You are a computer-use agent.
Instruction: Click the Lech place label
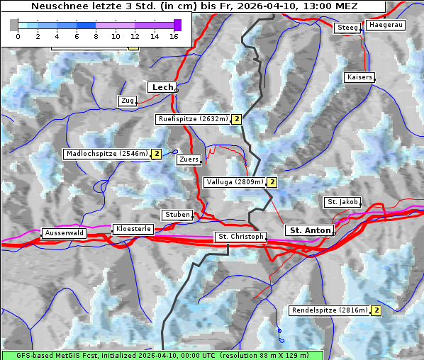(162, 87)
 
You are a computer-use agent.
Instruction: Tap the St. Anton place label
(310, 230)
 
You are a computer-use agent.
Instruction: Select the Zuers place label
(189, 159)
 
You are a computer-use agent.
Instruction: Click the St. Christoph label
(240, 237)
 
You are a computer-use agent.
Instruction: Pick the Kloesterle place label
(133, 229)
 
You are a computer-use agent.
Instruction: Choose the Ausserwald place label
(64, 233)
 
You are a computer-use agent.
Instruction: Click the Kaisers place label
(359, 77)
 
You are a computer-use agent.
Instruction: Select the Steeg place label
(347, 28)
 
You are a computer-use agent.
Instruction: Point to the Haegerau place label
(386, 25)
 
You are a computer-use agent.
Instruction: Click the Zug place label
(128, 101)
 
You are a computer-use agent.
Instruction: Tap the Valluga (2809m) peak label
(235, 182)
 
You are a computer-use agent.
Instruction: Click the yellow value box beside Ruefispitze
(237, 119)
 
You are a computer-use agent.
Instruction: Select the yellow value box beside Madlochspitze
(156, 153)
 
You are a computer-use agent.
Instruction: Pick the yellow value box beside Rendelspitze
(376, 310)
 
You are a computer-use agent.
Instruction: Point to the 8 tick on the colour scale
(96, 36)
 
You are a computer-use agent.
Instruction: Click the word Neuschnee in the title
(55, 6)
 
